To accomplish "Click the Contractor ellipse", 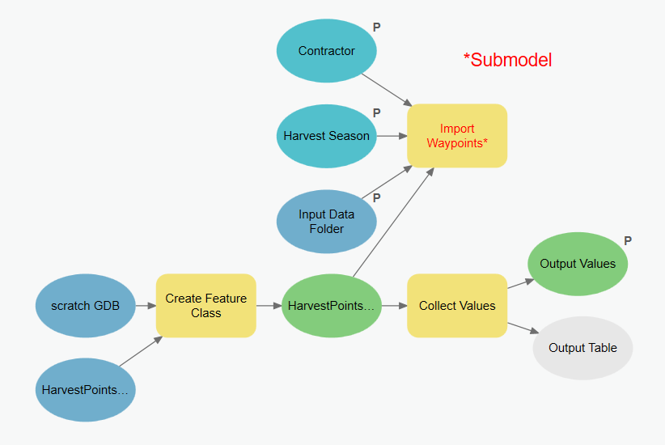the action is point(327,50).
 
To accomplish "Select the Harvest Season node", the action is point(327,136).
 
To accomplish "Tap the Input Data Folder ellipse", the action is point(327,222).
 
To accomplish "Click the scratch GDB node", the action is point(85,306).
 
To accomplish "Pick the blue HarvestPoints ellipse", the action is point(85,390).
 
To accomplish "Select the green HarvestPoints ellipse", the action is point(332,306).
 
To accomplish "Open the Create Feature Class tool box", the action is point(206,306).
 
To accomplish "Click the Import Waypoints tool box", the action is point(457,136).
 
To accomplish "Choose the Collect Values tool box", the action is point(457,306).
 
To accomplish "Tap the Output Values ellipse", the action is point(578,264).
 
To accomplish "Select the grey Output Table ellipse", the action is point(582,348).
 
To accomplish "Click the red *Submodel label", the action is point(508,60).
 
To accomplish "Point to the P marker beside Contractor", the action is point(377,28).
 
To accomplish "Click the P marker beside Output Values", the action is point(628,241).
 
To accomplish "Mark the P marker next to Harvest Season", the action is point(377,113).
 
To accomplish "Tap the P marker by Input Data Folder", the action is point(377,198).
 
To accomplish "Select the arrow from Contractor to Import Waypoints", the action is point(387,90).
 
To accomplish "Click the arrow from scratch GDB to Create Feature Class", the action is point(146,306).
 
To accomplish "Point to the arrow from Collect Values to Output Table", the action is point(523,328).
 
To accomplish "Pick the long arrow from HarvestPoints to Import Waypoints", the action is point(393,222).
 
